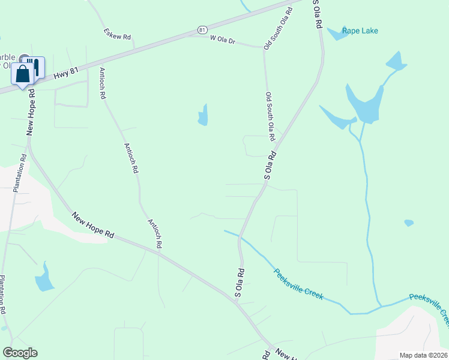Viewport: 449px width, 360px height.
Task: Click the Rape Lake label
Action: [360, 31]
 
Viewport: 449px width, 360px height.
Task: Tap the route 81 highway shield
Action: [202, 29]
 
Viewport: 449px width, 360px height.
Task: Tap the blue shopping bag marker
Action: [23, 75]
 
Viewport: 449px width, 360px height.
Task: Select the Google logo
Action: [20, 353]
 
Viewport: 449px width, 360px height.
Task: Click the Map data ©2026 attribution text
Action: [424, 355]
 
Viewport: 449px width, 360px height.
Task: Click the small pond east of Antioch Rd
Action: [203, 115]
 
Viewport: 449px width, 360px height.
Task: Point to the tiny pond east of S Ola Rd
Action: [409, 223]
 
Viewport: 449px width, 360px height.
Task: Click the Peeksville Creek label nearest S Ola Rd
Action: [298, 284]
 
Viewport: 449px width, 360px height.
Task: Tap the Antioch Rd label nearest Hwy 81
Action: [102, 83]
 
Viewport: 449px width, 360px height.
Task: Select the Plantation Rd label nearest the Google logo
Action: [3, 295]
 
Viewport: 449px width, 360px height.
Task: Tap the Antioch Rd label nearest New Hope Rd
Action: [155, 233]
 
